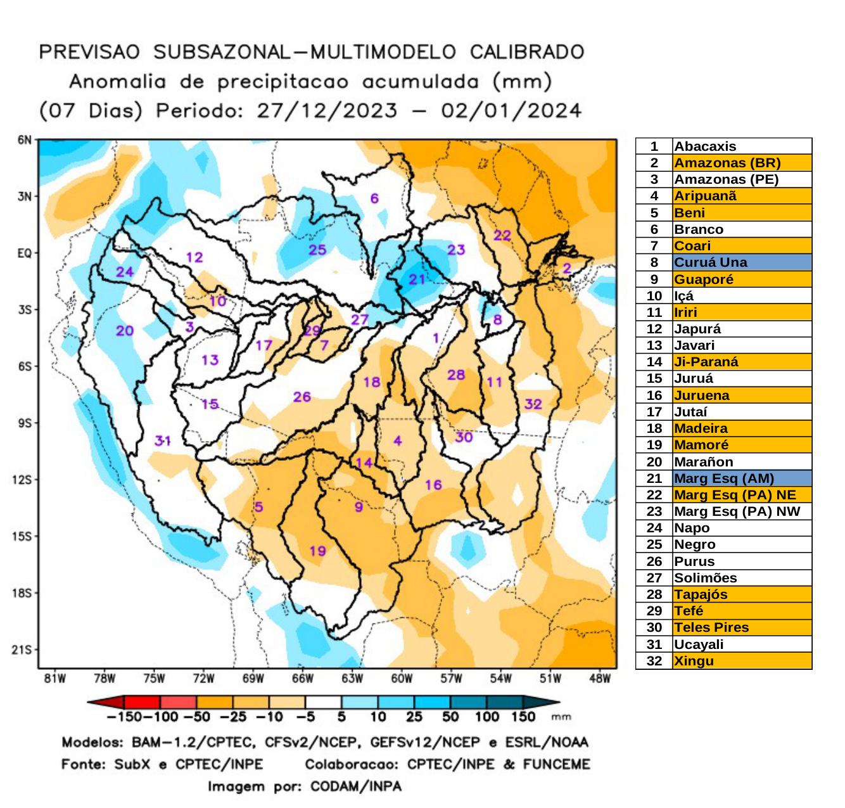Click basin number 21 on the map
point(417,279)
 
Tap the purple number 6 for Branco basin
point(374,198)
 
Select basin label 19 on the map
point(317,551)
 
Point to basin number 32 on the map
point(533,404)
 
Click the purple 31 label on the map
point(163,440)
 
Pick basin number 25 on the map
point(317,250)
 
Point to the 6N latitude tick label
point(24,140)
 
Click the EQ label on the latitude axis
point(24,253)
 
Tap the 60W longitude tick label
point(402,679)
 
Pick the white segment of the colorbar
point(323,702)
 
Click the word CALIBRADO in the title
point(526,52)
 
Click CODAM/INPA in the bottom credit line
point(355,786)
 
